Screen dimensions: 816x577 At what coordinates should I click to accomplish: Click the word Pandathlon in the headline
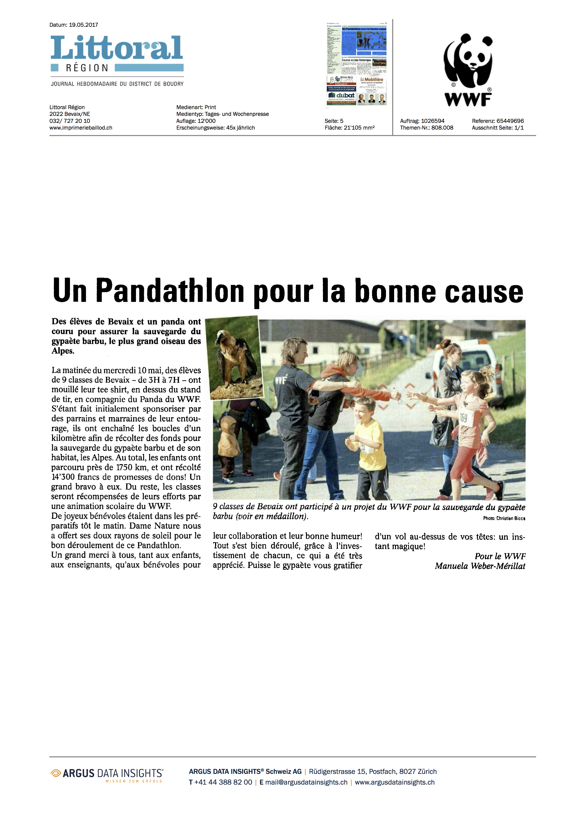click(170, 291)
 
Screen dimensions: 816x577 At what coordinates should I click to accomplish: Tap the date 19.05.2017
click(84, 25)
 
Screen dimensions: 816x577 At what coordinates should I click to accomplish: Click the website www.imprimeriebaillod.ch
click(81, 128)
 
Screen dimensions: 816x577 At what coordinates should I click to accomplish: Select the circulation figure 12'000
click(206, 121)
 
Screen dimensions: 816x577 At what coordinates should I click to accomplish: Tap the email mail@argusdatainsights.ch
click(306, 782)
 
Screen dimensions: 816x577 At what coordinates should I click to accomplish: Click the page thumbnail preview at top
click(356, 64)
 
